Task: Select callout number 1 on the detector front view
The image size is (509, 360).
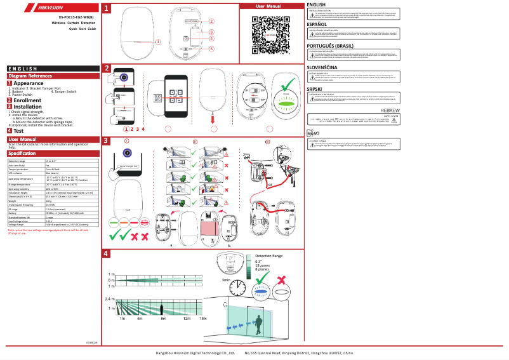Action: click(x=158, y=42)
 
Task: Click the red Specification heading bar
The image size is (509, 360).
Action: click(x=51, y=153)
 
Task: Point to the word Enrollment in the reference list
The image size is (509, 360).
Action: click(x=27, y=100)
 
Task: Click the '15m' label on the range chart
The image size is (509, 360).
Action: click(x=203, y=318)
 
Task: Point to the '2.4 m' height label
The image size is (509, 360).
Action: click(x=109, y=298)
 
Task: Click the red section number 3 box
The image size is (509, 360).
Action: click(x=107, y=141)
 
